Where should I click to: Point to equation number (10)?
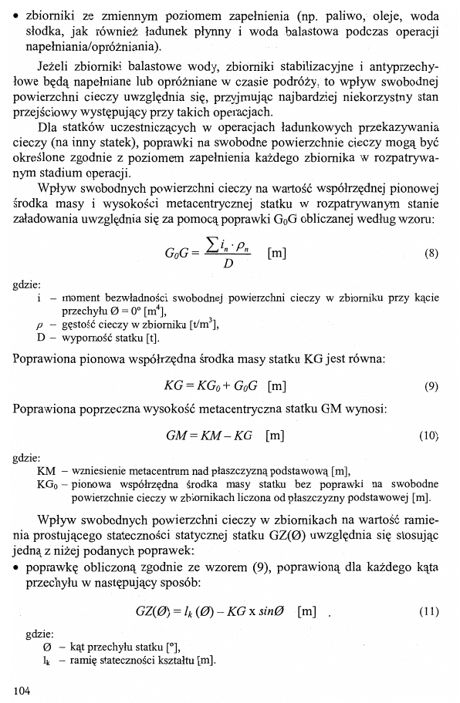coord(429,436)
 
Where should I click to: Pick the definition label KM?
coord(46,471)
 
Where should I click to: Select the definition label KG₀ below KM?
coord(47,484)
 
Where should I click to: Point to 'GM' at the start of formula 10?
coord(177,436)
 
